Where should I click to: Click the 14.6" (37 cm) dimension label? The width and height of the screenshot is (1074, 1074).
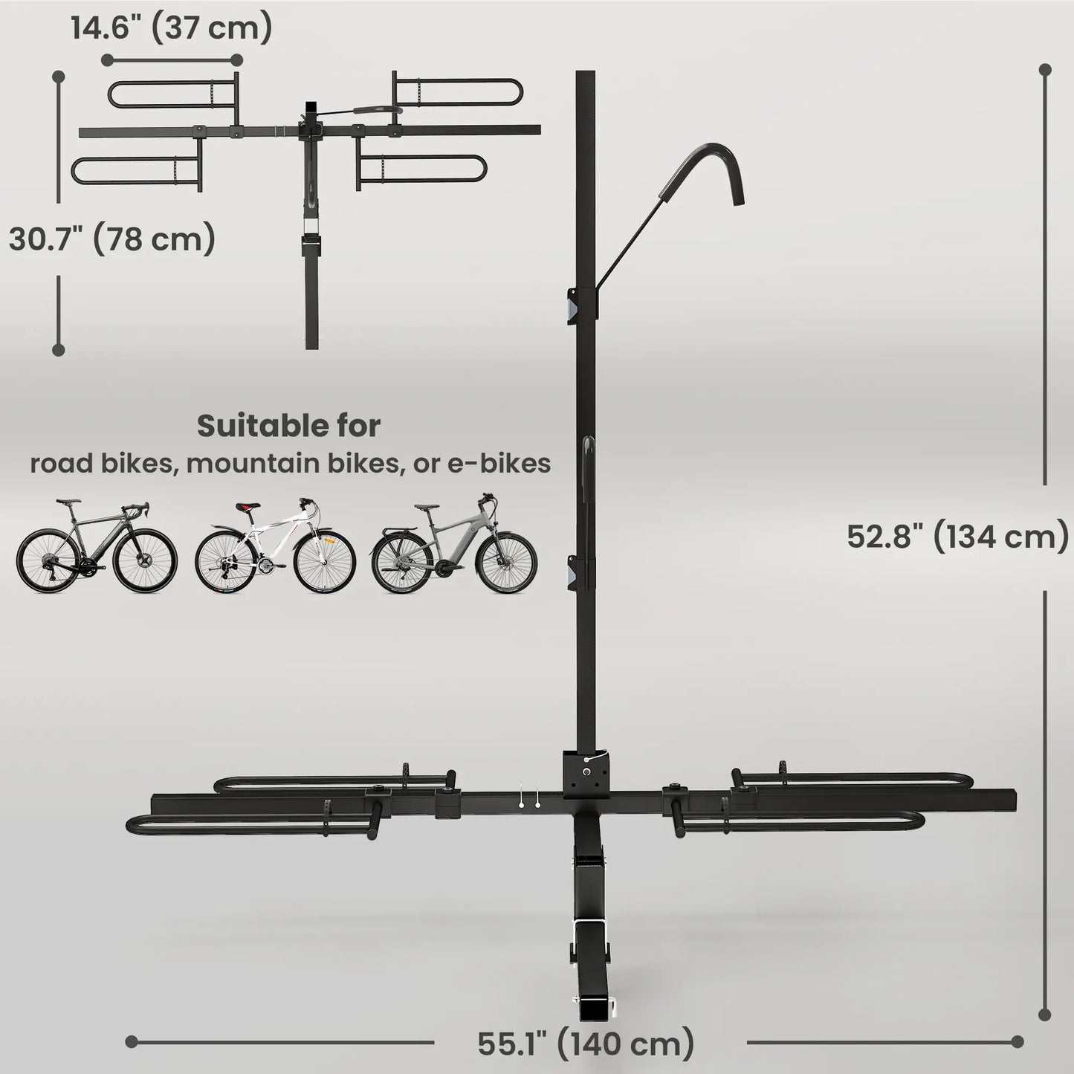tap(172, 28)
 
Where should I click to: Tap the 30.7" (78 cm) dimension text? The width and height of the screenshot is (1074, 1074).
tap(112, 239)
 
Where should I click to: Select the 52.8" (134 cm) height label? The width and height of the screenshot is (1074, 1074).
tap(957, 536)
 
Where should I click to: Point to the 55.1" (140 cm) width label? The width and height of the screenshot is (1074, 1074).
tap(586, 1044)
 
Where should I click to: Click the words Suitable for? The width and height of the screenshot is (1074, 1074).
tap(288, 426)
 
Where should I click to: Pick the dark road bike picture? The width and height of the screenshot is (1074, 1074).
tap(97, 546)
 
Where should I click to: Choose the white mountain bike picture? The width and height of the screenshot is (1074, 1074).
tap(275, 546)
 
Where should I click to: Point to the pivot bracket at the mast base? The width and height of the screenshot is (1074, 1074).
tap(588, 773)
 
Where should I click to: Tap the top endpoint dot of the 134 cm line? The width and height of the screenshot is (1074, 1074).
tap(1045, 70)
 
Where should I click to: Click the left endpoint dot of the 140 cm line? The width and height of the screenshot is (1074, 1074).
tap(132, 1041)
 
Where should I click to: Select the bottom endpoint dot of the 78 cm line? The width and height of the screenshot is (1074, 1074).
tap(58, 349)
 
